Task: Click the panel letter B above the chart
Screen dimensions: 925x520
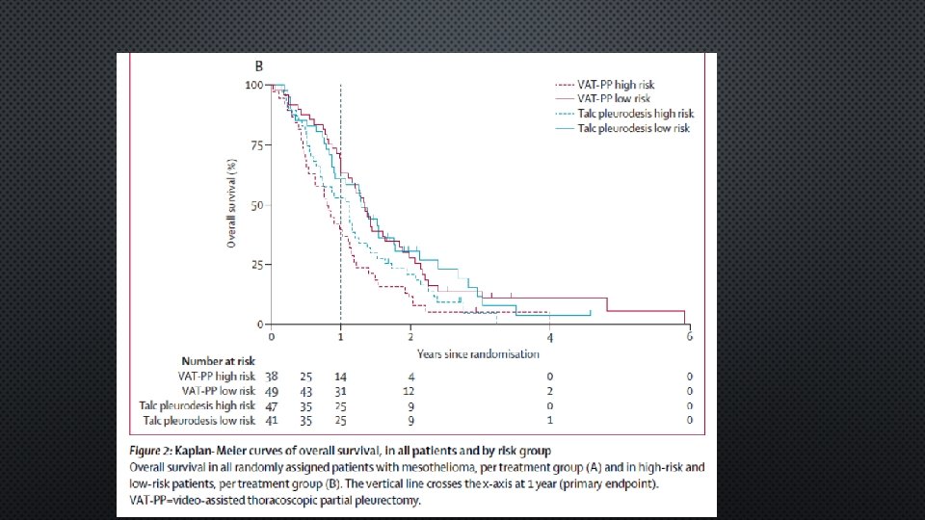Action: click(258, 66)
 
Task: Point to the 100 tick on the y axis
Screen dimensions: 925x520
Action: click(254, 86)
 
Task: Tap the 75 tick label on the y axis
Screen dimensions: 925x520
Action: click(256, 145)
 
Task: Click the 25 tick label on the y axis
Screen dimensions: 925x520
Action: click(256, 266)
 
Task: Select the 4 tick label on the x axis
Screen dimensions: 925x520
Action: click(550, 338)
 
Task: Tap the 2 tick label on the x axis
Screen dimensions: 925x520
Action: click(410, 337)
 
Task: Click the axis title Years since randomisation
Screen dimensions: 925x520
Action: click(478, 354)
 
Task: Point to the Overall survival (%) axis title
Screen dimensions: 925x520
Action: click(231, 203)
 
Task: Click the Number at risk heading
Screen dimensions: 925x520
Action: click(219, 361)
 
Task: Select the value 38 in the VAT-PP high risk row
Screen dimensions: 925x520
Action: click(272, 377)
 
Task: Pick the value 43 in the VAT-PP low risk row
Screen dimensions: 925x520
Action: click(305, 392)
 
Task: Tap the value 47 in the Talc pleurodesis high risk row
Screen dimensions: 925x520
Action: click(272, 406)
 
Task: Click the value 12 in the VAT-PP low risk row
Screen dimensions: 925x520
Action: click(409, 392)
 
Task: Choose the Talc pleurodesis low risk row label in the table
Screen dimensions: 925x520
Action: click(198, 421)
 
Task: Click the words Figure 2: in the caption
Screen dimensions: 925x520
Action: click(150, 451)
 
